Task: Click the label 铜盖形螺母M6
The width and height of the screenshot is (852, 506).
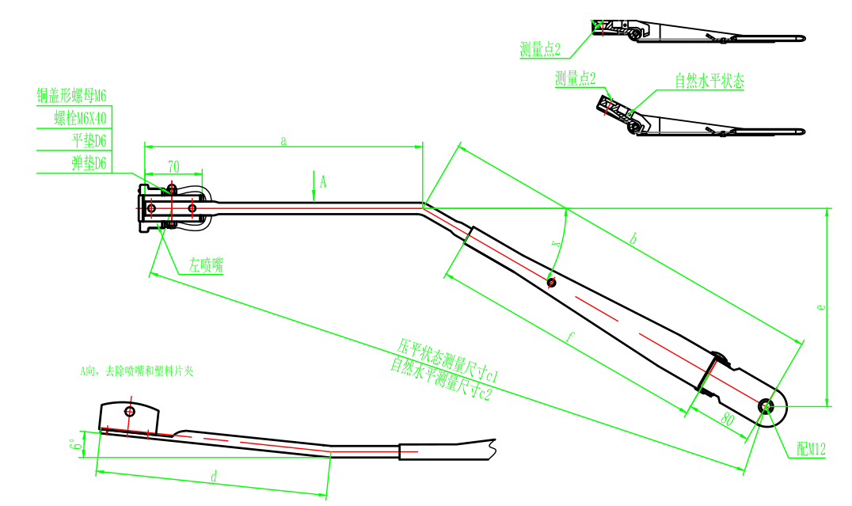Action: pos(71,97)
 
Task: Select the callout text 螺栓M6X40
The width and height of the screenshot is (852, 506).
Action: pos(79,119)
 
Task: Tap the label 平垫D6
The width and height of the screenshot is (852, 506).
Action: pos(89,141)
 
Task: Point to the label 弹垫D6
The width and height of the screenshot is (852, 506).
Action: pos(89,163)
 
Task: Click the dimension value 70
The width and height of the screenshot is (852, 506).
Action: pos(173,166)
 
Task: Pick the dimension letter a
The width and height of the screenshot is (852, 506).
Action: pos(283,140)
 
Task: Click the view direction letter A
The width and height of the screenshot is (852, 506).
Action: pos(322,181)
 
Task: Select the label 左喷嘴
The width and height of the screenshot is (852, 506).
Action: pos(205,266)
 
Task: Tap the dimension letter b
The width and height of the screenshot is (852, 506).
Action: pos(632,238)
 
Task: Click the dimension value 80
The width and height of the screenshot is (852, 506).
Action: pos(728,420)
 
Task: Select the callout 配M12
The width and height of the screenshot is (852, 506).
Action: pos(811,450)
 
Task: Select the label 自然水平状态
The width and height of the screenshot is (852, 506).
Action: pos(709,82)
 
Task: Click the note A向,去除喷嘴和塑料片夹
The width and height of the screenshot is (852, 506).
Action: pos(136,370)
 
